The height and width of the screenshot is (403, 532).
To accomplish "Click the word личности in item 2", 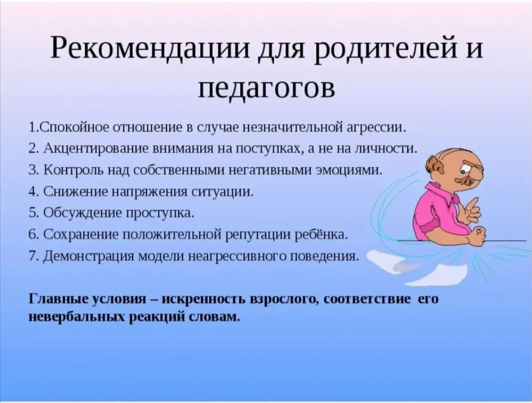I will point(392,148).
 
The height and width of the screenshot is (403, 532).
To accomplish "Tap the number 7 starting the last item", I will point(32,256).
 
